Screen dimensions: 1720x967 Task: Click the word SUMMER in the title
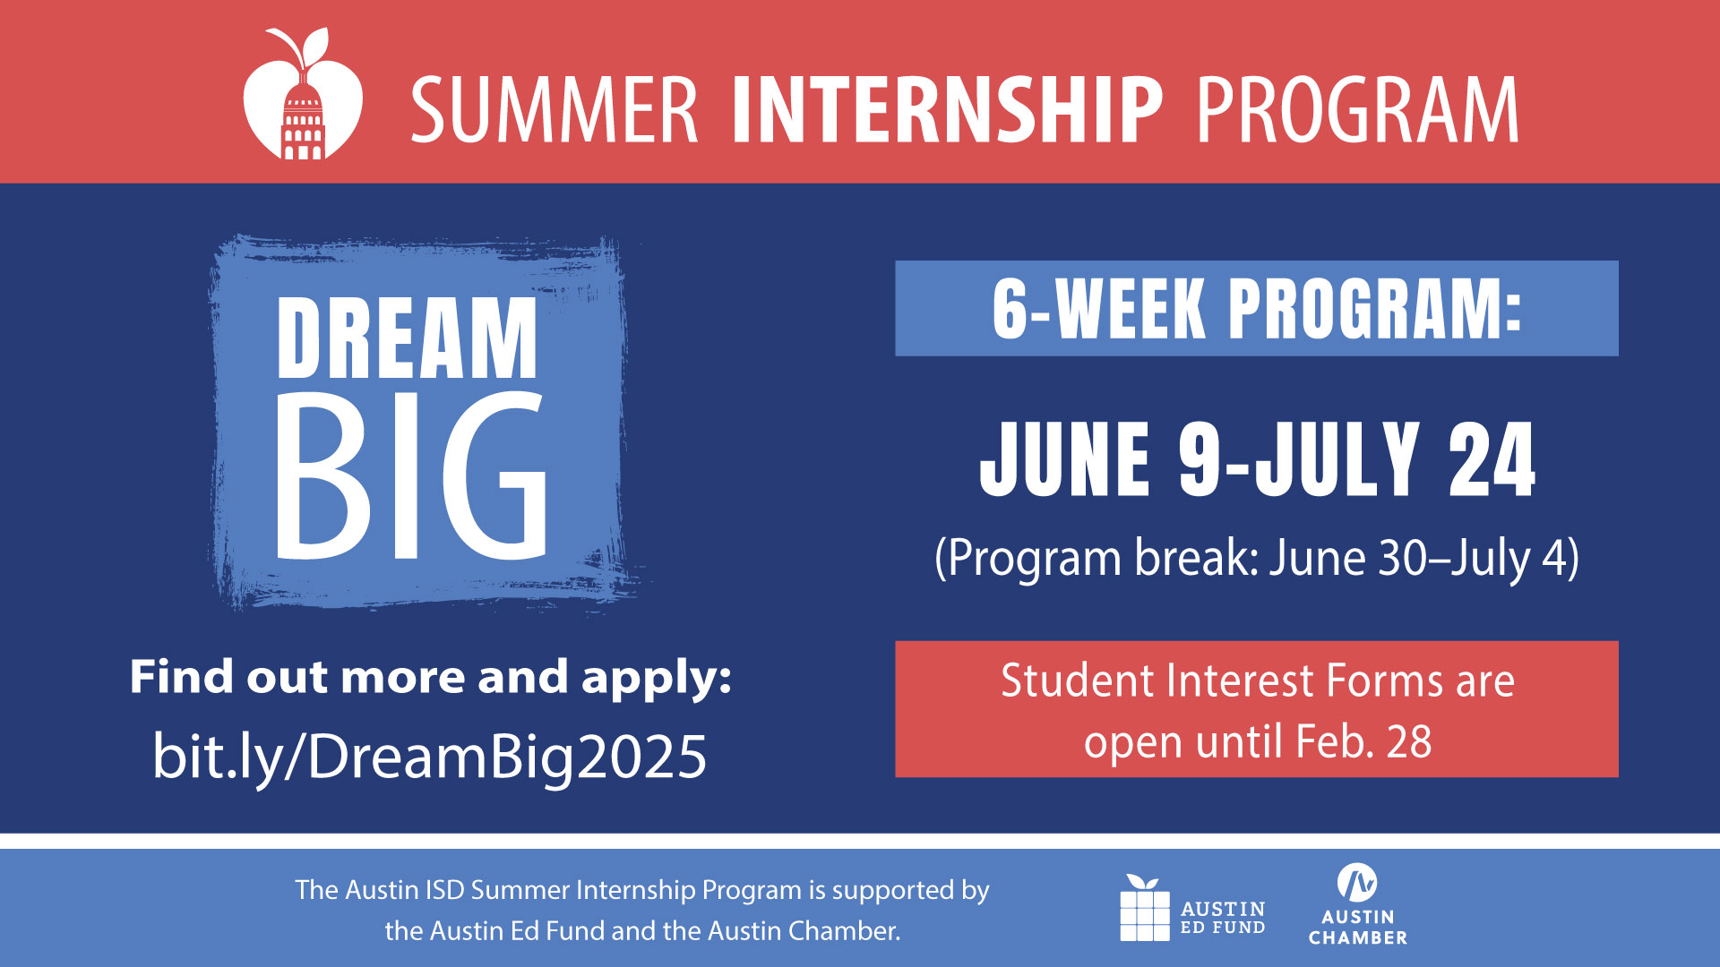tap(555, 110)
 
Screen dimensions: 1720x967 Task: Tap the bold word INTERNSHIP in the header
tap(948, 110)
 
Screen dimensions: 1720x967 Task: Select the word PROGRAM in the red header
tap(1358, 110)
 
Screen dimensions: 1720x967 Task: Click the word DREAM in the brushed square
tap(408, 338)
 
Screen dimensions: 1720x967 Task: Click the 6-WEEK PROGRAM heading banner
tap(1257, 308)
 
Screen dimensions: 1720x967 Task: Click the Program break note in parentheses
tap(1257, 558)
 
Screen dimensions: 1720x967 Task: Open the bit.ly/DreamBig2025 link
tap(430, 757)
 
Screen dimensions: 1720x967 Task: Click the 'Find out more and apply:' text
tap(431, 678)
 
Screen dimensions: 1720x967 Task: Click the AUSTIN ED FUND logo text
tap(1223, 918)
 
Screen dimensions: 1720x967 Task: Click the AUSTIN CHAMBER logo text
tap(1358, 928)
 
